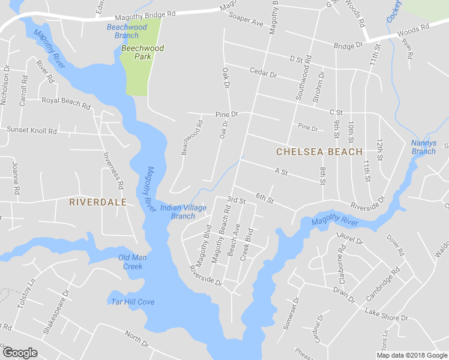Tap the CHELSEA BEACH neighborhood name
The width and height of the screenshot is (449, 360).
pyautogui.click(x=319, y=152)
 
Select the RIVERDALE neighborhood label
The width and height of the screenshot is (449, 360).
pyautogui.click(x=98, y=202)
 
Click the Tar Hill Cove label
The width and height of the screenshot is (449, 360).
pyautogui.click(x=133, y=302)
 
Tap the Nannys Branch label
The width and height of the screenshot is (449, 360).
pyautogui.click(x=423, y=147)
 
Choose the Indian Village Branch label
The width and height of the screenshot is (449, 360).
pyautogui.click(x=183, y=212)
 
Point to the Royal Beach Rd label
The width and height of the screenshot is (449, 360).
pyautogui.click(x=65, y=102)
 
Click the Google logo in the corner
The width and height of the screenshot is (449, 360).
pyautogui.click(x=20, y=353)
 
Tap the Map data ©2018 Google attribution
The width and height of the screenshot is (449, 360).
pyautogui.click(x=412, y=355)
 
